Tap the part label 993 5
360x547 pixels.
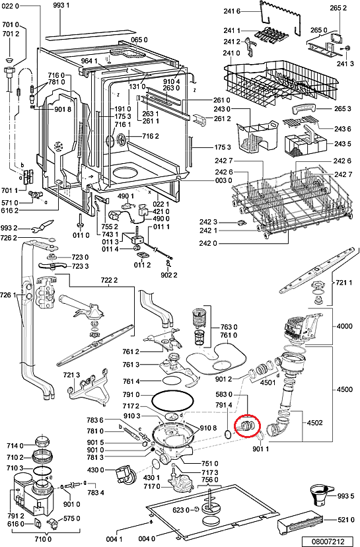coord(345,495)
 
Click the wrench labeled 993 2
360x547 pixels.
coord(42,227)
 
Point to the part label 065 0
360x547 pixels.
coord(139,40)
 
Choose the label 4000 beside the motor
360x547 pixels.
coord(344,326)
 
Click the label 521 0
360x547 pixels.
coord(345,520)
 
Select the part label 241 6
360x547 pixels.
coord(232,11)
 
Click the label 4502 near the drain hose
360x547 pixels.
coord(314,423)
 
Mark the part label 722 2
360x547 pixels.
coord(109,280)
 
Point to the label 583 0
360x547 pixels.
coord(224,394)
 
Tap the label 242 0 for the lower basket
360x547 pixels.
coord(208,243)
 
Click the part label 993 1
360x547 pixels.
coord(61,5)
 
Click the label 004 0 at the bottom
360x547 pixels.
coord(147,539)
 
